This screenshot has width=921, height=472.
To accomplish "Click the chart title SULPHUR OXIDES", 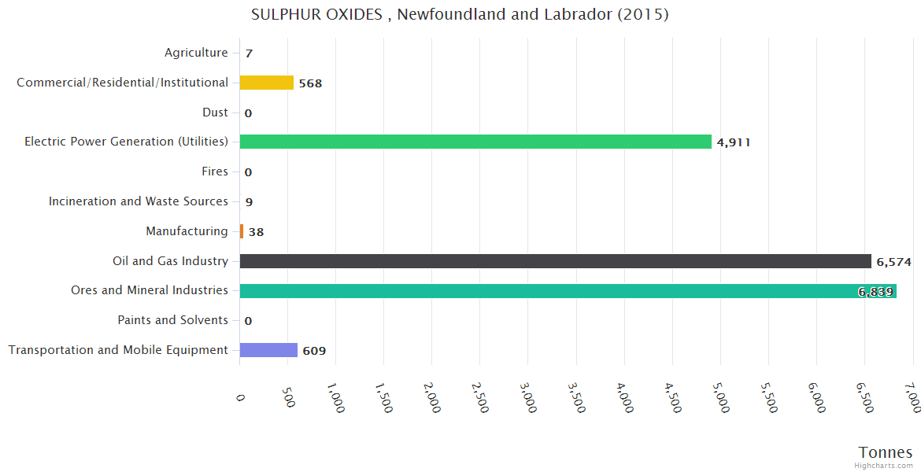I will [x=460, y=15].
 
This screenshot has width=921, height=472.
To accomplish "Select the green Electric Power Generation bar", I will [x=475, y=142].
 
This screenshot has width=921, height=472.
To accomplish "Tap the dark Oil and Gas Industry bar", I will [x=555, y=261].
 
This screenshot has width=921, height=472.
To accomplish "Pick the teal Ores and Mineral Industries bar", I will [x=568, y=291].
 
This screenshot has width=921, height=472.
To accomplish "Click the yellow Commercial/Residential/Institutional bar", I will [x=266, y=83].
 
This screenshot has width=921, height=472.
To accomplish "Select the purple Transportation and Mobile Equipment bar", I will [x=268, y=350].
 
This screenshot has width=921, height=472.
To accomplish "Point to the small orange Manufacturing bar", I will [x=242, y=231].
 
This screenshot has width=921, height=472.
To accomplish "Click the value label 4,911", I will [x=734, y=142].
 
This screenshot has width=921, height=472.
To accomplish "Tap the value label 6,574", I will [x=893, y=262].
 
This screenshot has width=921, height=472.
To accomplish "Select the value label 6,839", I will [x=875, y=292].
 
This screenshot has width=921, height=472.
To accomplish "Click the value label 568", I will [x=310, y=83].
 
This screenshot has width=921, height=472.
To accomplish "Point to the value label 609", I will [x=314, y=351].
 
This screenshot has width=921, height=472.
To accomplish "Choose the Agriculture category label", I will [x=196, y=53].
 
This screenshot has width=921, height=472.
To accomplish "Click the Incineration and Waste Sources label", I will [x=139, y=201].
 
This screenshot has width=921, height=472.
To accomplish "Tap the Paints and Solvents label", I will [x=172, y=320].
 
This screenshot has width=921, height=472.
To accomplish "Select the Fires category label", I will [x=215, y=171].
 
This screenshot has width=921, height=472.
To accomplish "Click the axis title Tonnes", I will [x=886, y=452].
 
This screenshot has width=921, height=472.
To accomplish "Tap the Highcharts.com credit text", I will [x=884, y=466].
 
